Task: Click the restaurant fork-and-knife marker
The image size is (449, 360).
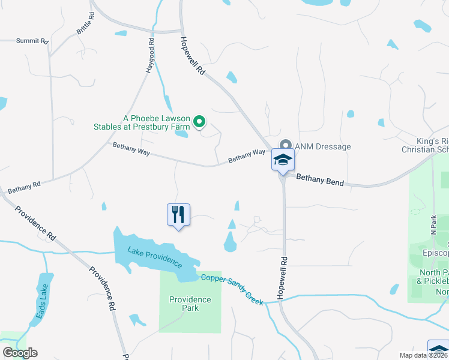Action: click(178, 214)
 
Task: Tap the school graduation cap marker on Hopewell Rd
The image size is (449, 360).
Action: click(283, 160)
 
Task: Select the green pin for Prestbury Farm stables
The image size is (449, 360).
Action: click(200, 122)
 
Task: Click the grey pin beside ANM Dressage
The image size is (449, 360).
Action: click(286, 146)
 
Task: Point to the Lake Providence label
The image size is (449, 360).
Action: click(154, 256)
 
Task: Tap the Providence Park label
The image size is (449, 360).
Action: click(190, 304)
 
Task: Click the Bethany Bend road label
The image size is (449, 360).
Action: click(320, 179)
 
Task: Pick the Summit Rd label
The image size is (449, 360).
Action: click(31, 41)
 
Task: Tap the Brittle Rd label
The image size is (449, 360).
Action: click(85, 23)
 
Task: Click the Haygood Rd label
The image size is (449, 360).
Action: click(151, 54)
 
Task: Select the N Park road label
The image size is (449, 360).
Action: click(433, 225)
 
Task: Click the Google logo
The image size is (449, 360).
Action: click(19, 353)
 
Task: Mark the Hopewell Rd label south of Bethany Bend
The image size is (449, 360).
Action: click(283, 280)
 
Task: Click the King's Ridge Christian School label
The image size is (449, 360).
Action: click(426, 145)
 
